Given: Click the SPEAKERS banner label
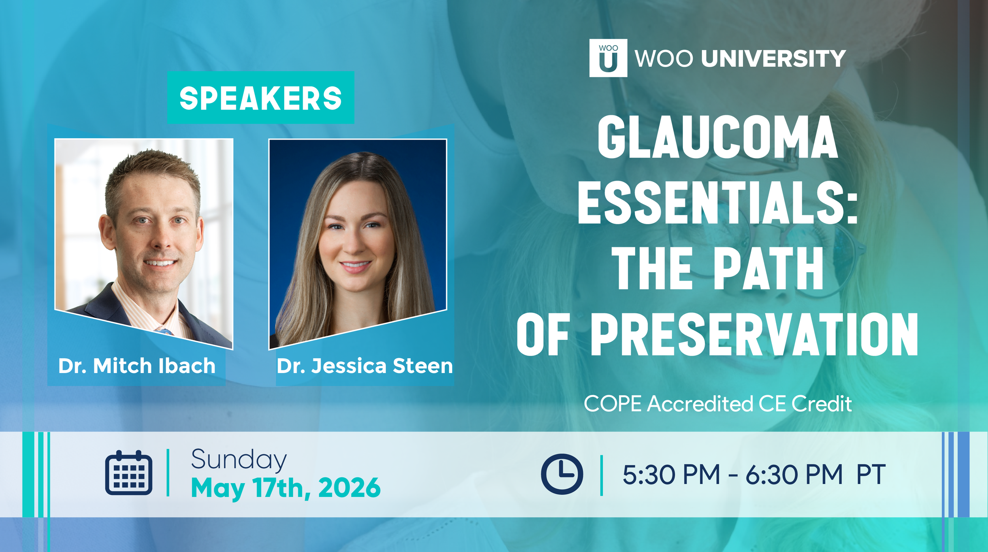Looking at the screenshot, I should click(260, 98).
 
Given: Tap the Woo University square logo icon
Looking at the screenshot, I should click(608, 58).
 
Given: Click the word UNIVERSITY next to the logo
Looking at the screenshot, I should click(773, 58).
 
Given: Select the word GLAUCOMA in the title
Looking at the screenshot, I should click(717, 137).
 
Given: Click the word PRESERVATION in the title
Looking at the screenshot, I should click(754, 334).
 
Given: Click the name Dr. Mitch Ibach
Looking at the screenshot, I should click(137, 365).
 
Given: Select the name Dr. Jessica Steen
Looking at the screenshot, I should click(364, 365).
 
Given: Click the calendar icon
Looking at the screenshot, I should click(128, 472).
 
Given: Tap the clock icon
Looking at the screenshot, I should click(562, 474).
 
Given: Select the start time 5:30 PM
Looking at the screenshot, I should click(671, 474).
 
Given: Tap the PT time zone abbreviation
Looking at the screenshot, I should click(871, 474).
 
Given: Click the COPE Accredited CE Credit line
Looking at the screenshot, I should click(718, 403).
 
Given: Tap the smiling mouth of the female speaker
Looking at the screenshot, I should click(355, 265).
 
